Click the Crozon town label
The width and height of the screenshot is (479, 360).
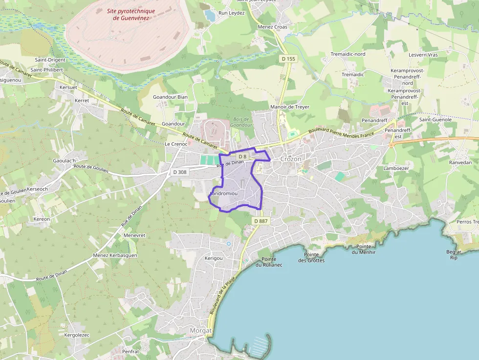coord(291,159)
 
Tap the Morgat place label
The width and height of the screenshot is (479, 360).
coord(200,331)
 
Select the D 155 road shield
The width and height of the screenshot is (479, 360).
coord(289,59)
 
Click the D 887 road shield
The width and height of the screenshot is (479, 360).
coord(261,221)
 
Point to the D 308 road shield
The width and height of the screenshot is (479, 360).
coord(180,172)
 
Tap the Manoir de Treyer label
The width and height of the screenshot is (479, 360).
coord(290,107)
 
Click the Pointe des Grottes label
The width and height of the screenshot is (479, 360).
coord(311,257)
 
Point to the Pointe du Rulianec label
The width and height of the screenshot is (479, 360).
coord(269,262)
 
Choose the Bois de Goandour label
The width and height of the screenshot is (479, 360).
coord(241,122)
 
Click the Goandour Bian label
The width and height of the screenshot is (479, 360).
coord(170,97)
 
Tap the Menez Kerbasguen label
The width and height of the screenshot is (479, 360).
coord(115,255)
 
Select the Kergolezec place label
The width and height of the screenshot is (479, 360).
coord(77,335)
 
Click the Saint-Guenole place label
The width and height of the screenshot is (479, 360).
coord(435,119)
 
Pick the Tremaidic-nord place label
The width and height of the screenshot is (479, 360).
coord(348,54)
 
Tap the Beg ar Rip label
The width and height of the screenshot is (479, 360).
coord(454,254)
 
